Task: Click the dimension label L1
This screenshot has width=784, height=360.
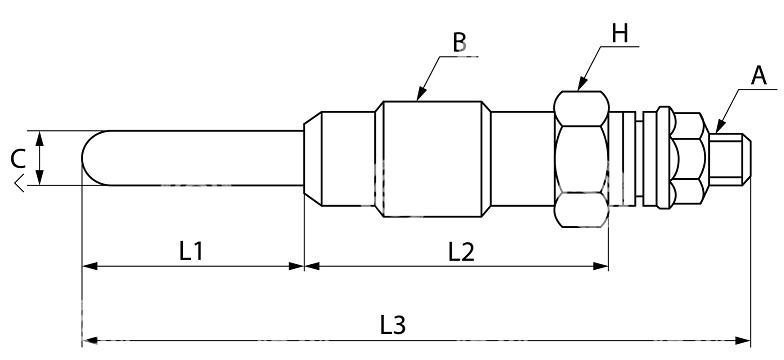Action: click(x=190, y=252)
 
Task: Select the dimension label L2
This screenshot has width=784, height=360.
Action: click(x=460, y=252)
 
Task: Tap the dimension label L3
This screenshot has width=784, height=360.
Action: click(x=392, y=326)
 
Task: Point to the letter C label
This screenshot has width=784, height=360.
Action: click(x=18, y=160)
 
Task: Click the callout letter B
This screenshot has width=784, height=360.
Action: click(x=460, y=43)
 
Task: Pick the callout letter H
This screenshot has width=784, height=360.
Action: click(x=619, y=34)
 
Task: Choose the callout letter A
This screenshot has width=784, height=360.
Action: click(x=758, y=76)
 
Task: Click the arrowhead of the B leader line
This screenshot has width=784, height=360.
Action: click(x=421, y=94)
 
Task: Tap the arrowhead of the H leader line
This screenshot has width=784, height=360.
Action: click(x=582, y=84)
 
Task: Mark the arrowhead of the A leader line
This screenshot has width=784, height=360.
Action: click(x=720, y=126)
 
